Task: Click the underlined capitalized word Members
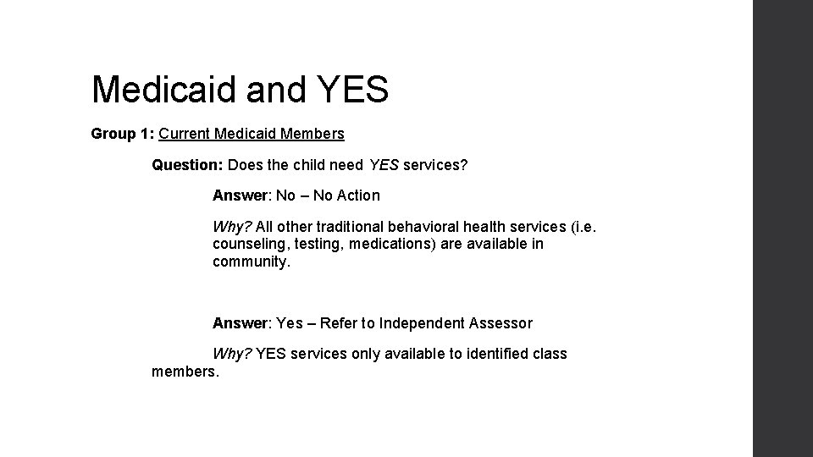[x=313, y=134]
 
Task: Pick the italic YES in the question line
[x=384, y=165]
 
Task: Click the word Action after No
[x=358, y=195]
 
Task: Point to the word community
[x=251, y=262]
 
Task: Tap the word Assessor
[x=502, y=323]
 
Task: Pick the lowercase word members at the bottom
[x=184, y=372]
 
